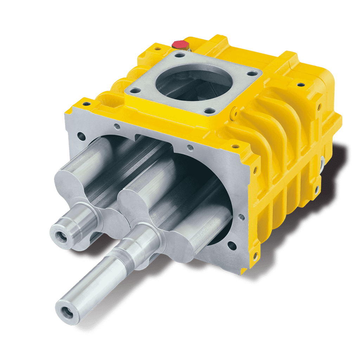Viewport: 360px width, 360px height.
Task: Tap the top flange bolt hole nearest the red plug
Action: point(180,55)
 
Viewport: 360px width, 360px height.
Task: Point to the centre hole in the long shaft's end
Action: point(66,311)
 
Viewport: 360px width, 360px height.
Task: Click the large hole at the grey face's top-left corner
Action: point(82,135)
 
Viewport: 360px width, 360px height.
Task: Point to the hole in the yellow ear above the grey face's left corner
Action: point(84,104)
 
